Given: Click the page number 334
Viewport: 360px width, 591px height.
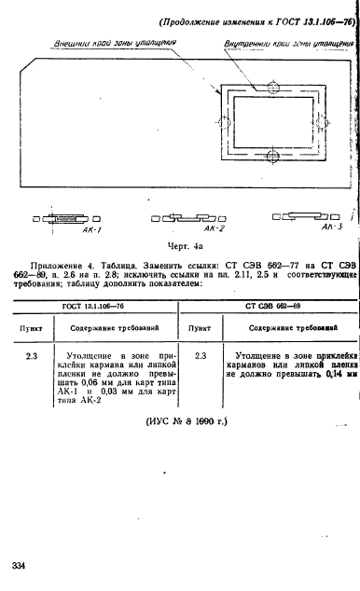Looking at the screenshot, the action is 21,567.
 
